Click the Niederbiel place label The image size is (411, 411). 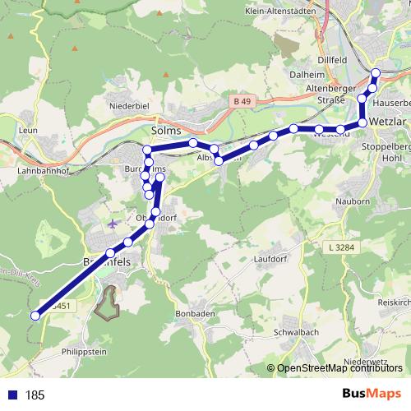(x=128, y=106)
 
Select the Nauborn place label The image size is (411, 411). (x=354, y=201)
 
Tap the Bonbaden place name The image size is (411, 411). (x=195, y=314)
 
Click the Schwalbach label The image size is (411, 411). (x=295, y=334)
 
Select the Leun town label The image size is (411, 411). (x=27, y=130)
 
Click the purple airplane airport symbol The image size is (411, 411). (x=113, y=224)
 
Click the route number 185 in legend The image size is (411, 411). (x=35, y=395)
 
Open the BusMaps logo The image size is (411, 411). (x=372, y=395)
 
